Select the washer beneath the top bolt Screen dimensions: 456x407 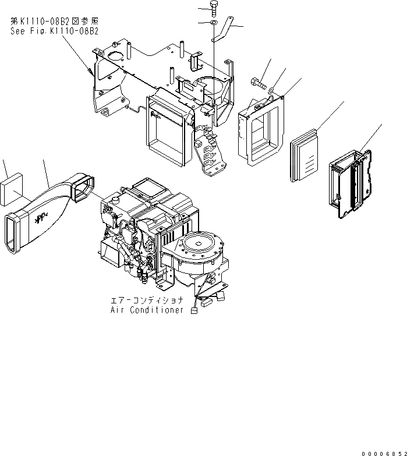[x=214, y=23]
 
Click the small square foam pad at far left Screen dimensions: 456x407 [x=12, y=191]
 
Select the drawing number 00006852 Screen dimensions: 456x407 [x=381, y=453]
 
